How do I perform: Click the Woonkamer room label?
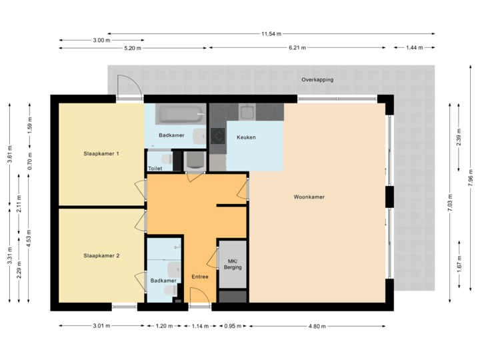(x=309, y=197)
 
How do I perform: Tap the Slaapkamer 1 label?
(x=101, y=154)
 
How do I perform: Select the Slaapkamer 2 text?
(x=101, y=255)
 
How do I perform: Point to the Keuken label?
(x=246, y=137)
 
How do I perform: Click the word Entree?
(x=200, y=277)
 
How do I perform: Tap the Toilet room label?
(x=155, y=169)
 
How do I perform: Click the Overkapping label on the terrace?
(x=317, y=79)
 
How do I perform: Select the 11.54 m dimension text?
(x=271, y=33)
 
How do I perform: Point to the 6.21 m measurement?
(x=297, y=48)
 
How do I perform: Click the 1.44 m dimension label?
(x=414, y=48)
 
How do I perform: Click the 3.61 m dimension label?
(x=9, y=154)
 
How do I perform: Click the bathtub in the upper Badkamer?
(x=178, y=115)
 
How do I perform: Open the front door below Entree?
(x=198, y=297)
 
